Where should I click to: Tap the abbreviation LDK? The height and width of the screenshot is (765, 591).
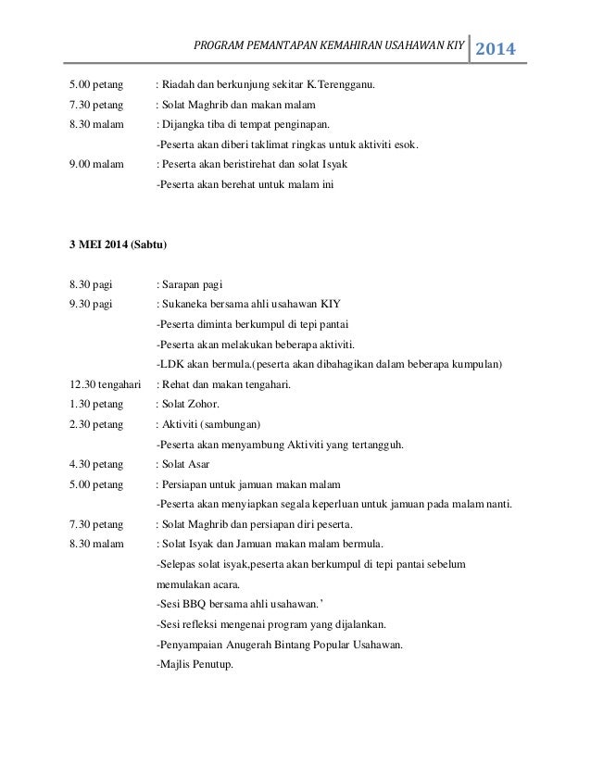tap(171, 364)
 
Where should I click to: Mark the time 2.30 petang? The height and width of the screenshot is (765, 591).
tap(96, 424)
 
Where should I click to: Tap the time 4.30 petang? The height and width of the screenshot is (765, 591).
tap(96, 464)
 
